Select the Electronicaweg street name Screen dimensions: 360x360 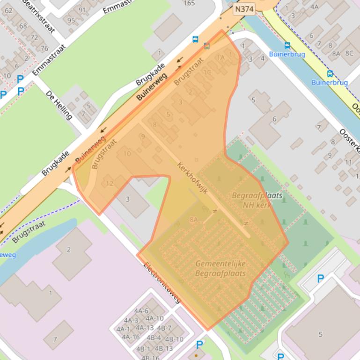[162, 283]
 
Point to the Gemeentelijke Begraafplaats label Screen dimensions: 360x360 [220, 268]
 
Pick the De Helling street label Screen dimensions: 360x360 [59, 104]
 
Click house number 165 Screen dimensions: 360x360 [189, 3]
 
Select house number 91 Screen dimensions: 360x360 [82, 10]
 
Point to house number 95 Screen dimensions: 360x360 [71, 20]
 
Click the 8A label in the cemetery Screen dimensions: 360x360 [193, 219]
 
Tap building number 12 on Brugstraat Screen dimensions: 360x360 [110, 183]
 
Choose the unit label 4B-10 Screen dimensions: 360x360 [174, 339]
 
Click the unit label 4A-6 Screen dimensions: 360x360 [141, 311]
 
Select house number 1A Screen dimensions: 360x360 [220, 57]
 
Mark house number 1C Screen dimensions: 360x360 [207, 72]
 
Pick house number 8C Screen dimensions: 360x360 [349, 53]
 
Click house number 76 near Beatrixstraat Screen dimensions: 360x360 [44, 48]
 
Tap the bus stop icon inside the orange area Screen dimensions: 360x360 [207, 46]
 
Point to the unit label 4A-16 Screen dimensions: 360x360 [131, 337]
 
